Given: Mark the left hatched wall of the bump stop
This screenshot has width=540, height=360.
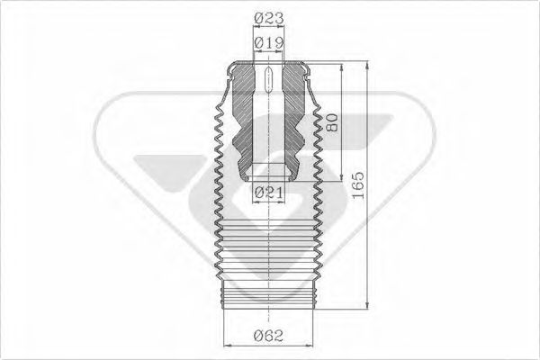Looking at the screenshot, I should pos(242,117).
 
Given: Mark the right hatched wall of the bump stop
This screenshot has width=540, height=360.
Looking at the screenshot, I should pos(293,117).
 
